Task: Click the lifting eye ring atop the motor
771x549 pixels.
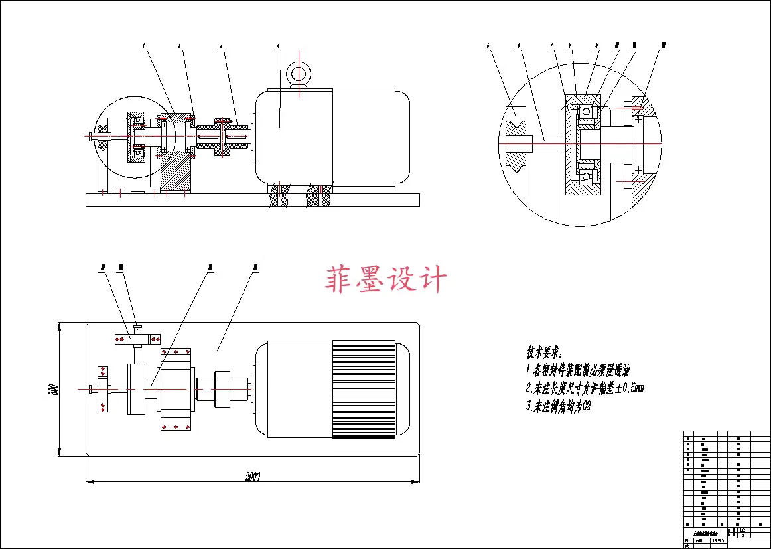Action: click(x=299, y=72)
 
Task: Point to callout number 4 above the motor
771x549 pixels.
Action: click(x=279, y=46)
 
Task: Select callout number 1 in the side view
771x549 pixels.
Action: click(x=143, y=46)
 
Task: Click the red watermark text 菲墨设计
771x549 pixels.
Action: click(x=386, y=279)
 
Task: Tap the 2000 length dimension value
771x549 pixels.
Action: click(x=252, y=476)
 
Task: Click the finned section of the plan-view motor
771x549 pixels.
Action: click(x=363, y=388)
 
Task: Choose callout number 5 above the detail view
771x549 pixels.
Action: click(x=488, y=46)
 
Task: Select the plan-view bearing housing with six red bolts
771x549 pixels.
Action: click(x=176, y=389)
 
